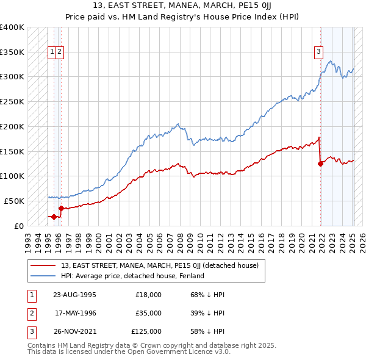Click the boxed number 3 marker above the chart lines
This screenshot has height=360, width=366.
[318, 52]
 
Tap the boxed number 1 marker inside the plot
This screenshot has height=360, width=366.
[52, 52]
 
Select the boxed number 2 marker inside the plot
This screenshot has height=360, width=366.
[60, 52]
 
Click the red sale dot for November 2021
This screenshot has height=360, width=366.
[321, 163]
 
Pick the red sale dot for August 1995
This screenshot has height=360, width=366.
[54, 217]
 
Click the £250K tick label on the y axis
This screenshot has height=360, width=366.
[12, 101]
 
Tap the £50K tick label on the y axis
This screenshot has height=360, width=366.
[14, 201]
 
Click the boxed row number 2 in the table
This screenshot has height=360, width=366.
[30, 313]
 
